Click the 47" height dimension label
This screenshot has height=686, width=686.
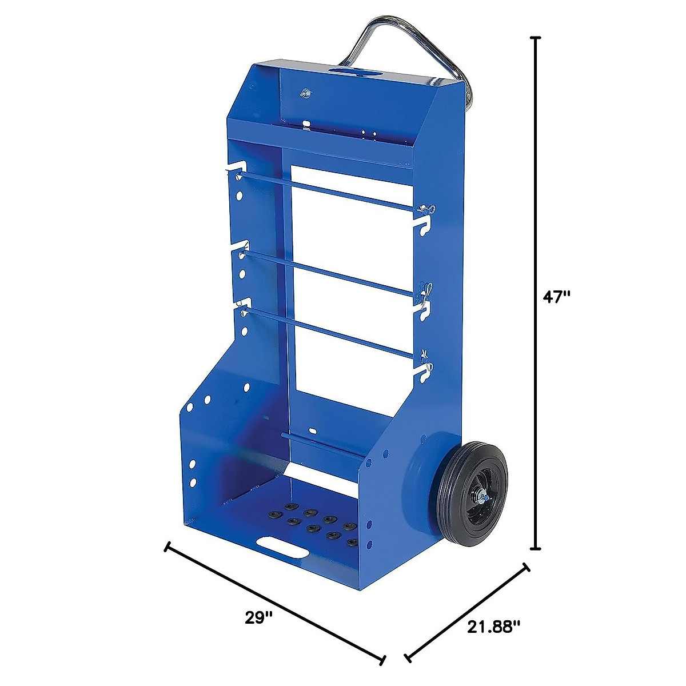tap(557, 297)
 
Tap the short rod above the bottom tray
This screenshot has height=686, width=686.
tap(323, 444)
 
